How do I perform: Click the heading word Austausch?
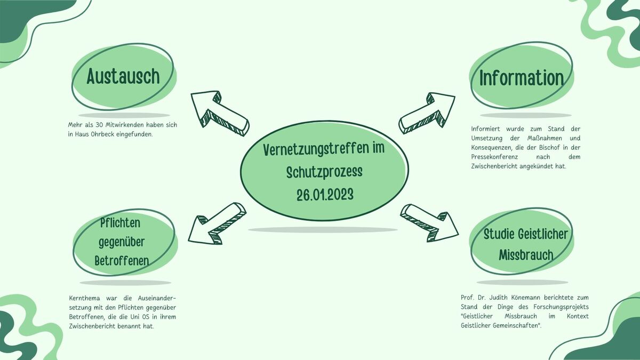tap(123, 76)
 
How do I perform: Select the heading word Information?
tap(522, 78)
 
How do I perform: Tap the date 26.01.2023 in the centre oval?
tap(325, 195)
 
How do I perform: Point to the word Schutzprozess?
tap(324, 172)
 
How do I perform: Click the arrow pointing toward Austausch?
tap(220, 114)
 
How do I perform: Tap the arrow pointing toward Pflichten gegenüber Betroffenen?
tap(217, 223)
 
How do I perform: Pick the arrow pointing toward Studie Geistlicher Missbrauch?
tap(429, 223)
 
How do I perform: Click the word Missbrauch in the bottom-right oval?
tap(526, 255)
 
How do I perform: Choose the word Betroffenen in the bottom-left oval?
tap(122, 261)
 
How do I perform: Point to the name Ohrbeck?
tap(102, 134)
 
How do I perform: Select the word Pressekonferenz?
tap(494, 157)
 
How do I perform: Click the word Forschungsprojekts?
tap(561, 307)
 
